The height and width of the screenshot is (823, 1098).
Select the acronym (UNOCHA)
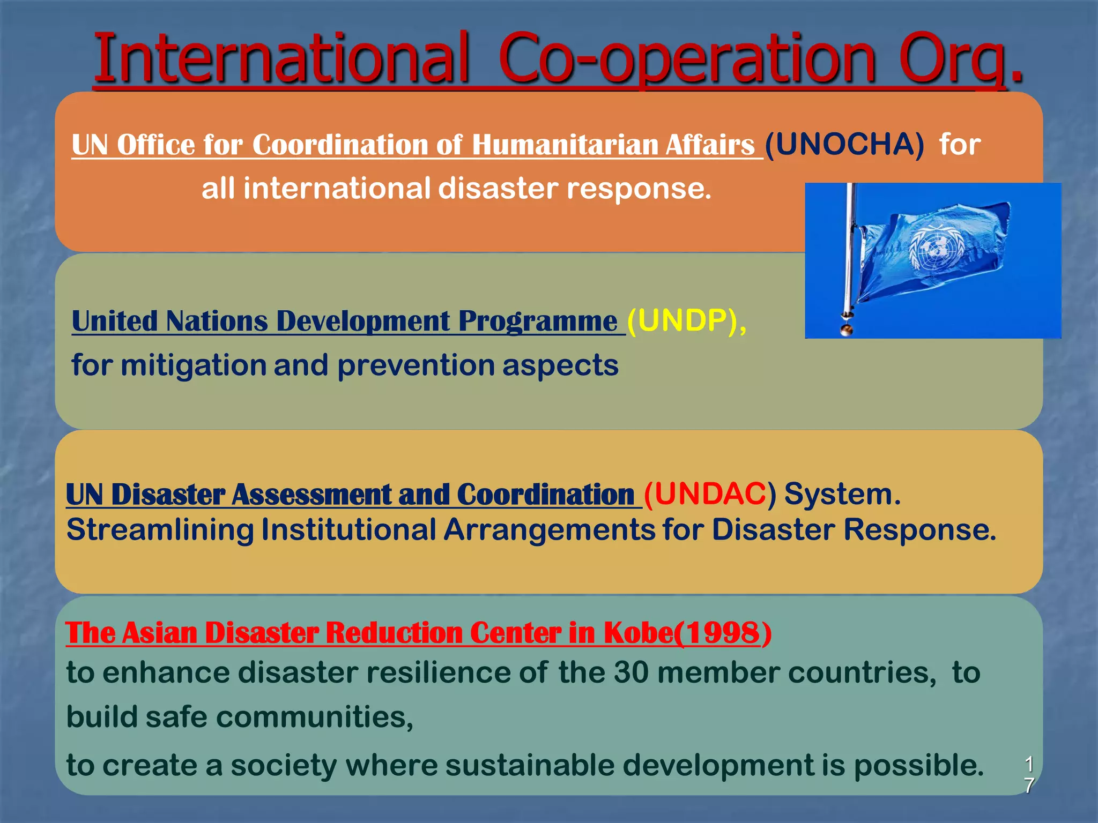click(x=844, y=145)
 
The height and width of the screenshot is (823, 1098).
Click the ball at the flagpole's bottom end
click(x=847, y=329)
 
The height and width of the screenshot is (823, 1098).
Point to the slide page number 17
click(x=1028, y=775)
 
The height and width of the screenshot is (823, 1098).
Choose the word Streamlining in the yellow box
click(x=160, y=530)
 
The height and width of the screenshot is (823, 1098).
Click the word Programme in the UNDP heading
click(x=537, y=321)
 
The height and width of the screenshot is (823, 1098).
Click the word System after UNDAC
click(x=842, y=494)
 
